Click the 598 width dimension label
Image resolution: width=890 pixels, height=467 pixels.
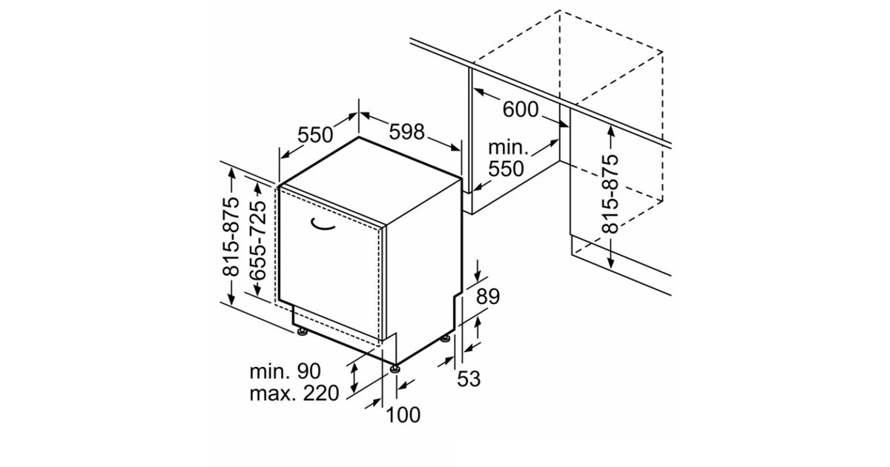tap(406, 132)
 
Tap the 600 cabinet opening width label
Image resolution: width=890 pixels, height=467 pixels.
tap(521, 110)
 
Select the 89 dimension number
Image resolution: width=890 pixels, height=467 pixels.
tap(488, 297)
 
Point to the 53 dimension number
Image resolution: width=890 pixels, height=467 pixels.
tap(469, 379)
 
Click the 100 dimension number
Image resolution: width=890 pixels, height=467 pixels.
tap(403, 415)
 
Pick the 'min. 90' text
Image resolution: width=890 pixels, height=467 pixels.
tap(285, 371)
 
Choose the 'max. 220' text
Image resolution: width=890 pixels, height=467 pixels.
tap(294, 394)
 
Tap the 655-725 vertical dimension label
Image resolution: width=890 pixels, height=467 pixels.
tap(257, 241)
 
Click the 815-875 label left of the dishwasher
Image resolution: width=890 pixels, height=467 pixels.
tap(231, 236)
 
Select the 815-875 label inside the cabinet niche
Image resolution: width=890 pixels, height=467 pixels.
tap(610, 193)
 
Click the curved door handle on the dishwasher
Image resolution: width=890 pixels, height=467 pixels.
tap(322, 225)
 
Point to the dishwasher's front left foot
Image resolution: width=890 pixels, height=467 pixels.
tap(303, 332)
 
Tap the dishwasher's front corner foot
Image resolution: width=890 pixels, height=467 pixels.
tap(395, 369)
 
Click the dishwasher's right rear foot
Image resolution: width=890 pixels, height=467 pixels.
tap(446, 339)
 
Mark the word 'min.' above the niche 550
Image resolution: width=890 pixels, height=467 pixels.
tap(508, 148)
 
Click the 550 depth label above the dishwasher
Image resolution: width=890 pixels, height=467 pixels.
tap(315, 135)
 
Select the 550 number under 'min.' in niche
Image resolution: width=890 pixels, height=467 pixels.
tap(506, 169)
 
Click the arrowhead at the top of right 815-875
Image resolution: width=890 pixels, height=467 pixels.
tap(610, 132)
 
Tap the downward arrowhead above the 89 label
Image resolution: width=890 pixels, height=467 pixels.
tap(477, 276)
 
